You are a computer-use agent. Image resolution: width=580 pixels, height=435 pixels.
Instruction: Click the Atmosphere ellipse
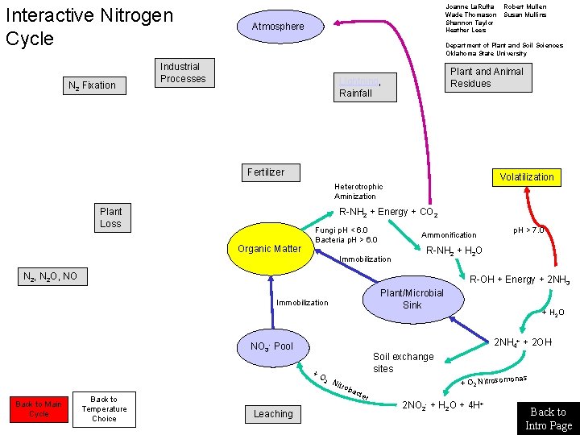click(277, 27)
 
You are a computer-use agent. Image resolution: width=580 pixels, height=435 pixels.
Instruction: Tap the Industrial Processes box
click(184, 73)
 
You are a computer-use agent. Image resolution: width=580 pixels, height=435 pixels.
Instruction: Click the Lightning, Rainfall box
click(365, 87)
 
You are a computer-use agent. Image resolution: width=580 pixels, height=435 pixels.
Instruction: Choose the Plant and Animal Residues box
click(487, 77)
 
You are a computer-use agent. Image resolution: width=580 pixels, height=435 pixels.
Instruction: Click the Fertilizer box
click(267, 172)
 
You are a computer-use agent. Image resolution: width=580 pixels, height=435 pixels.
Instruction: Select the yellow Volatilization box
click(526, 176)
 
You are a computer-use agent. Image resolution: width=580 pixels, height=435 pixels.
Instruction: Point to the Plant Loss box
click(112, 218)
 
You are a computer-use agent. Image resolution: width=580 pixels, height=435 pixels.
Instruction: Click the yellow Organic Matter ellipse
click(269, 249)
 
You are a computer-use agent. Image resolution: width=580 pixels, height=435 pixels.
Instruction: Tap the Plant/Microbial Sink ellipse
click(412, 299)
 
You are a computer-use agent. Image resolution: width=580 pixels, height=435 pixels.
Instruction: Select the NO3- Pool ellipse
click(272, 346)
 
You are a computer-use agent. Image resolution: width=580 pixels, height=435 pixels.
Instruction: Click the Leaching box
click(273, 414)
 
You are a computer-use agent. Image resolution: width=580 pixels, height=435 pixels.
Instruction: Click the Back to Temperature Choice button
click(104, 409)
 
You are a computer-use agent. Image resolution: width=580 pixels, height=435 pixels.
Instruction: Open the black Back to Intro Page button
click(548, 417)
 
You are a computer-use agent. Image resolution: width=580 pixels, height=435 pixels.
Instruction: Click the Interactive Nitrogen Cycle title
click(89, 27)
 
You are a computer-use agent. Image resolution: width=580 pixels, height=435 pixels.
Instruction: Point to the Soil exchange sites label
click(403, 362)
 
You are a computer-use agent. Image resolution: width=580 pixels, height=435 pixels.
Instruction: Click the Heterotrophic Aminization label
click(358, 191)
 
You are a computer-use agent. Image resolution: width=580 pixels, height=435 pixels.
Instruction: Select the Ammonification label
click(449, 235)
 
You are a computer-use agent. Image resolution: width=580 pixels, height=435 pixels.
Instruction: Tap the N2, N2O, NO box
click(50, 277)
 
